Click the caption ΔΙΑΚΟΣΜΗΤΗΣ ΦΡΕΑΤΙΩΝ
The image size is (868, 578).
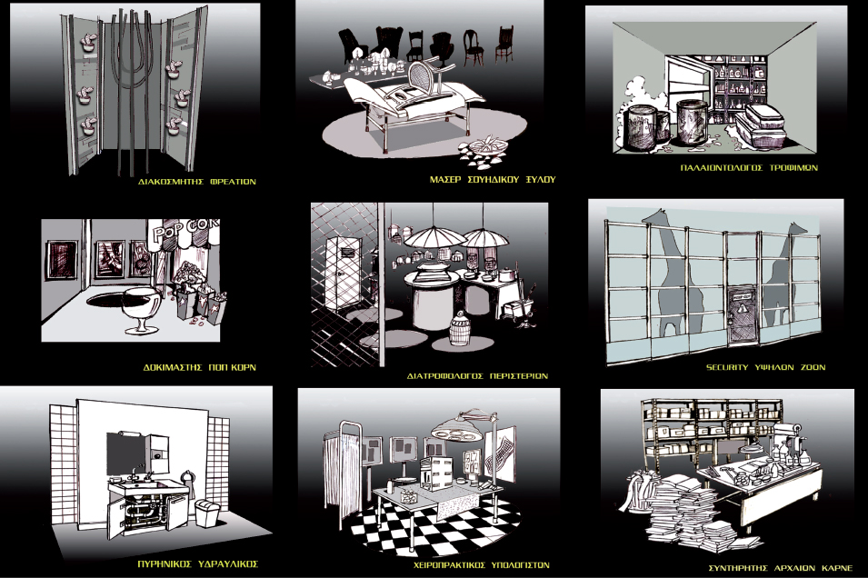197,182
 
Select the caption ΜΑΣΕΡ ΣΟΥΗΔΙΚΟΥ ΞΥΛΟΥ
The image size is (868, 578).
492,179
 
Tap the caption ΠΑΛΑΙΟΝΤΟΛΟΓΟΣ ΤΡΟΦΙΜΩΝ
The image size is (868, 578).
749,168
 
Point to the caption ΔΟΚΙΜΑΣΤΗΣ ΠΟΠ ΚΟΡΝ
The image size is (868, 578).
200,367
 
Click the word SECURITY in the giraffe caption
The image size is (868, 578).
727,367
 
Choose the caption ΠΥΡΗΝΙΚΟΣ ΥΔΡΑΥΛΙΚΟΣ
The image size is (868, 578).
198,564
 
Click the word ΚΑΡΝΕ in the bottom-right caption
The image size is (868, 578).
837,568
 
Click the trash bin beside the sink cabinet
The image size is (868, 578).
207,513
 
